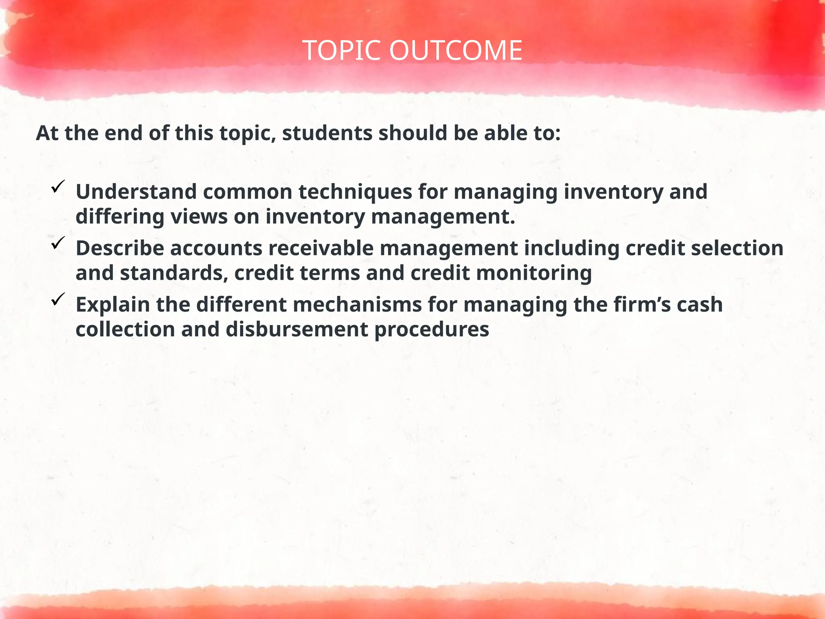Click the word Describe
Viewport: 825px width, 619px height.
(120, 248)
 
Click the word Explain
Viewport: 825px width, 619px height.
(113, 305)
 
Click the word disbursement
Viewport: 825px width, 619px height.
(296, 330)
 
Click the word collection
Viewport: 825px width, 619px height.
(125, 330)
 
